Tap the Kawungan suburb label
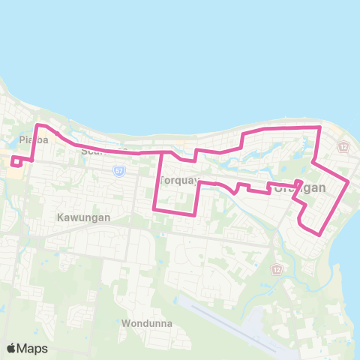click(83, 217)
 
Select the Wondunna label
click(146, 323)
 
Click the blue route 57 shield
click(118, 171)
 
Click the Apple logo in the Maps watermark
click(12, 348)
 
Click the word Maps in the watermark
click(33, 348)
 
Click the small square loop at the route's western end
click(16, 161)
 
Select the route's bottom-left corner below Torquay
click(154, 209)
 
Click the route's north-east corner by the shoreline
click(320, 127)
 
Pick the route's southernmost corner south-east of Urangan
click(322, 235)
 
